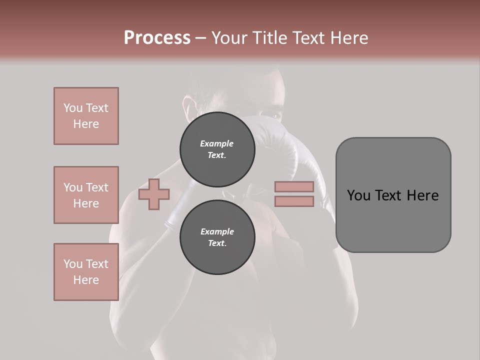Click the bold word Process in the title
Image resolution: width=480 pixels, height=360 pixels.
click(157, 38)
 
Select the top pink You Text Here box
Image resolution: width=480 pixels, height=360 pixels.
click(86, 116)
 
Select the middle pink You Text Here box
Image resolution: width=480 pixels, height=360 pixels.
click(86, 195)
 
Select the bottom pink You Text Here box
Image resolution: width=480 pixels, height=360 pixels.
click(86, 272)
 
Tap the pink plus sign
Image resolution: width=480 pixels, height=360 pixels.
click(154, 194)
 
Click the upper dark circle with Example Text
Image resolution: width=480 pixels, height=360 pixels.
click(217, 149)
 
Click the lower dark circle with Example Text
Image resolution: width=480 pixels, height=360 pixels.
click(217, 237)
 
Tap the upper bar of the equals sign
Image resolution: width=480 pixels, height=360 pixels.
click(294, 187)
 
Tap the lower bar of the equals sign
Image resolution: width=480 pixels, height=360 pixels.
click(294, 201)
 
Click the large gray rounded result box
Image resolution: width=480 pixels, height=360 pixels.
click(393, 220)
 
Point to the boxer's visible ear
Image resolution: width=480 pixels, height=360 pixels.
click(188, 107)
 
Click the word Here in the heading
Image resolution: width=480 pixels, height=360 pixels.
click(349, 38)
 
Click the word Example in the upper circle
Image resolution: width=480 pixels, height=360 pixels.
click(217, 143)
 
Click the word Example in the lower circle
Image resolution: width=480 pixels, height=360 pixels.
click(217, 231)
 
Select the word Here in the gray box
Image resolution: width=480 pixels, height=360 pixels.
click(422, 195)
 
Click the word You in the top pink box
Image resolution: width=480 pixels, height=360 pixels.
click(73, 108)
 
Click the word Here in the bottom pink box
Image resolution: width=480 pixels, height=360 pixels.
click(86, 280)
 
